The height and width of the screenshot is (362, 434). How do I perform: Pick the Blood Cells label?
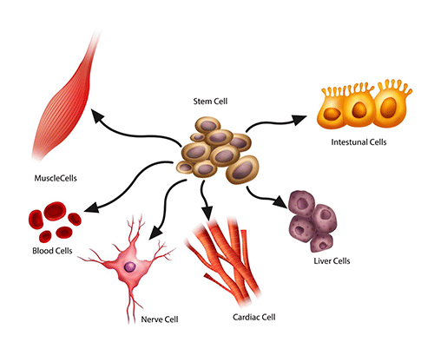[48, 252]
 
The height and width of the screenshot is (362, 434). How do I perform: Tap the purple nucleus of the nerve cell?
[129, 267]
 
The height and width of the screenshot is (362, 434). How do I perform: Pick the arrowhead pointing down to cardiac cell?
[207, 213]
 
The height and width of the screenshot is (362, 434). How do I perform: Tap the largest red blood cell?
[43, 216]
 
